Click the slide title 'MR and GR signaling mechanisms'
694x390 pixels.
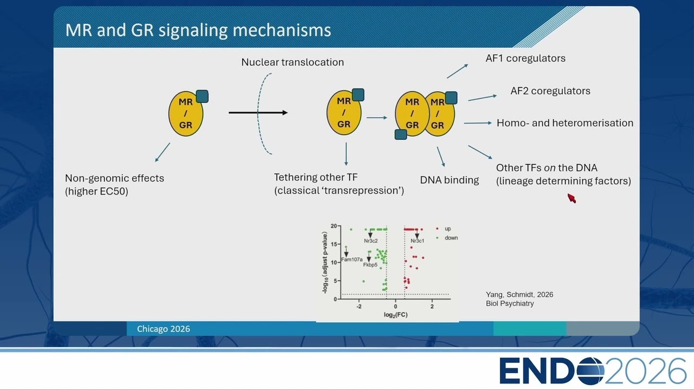pos(198,30)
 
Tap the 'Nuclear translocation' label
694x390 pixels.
pos(292,62)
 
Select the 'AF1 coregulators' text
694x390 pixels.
pos(525,58)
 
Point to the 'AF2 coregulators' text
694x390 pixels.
pos(550,91)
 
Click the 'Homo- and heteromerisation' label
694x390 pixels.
pos(565,123)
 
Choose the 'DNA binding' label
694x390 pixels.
pos(449,180)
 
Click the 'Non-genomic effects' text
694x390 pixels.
pos(114,178)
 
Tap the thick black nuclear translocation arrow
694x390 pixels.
pos(258,113)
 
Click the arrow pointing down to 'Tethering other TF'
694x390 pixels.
pos(346,154)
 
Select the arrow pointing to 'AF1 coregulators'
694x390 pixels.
pos(457,71)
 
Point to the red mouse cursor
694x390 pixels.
pos(571,198)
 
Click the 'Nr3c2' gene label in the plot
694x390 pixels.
pos(370,241)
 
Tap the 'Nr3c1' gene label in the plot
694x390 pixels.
pos(417,241)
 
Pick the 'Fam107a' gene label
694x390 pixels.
pos(352,259)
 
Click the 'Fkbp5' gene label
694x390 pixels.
pos(370,265)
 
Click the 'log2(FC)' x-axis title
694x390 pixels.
pos(396,315)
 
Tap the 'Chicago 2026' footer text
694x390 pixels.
pos(163,329)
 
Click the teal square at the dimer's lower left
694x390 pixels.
pos(401,135)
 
